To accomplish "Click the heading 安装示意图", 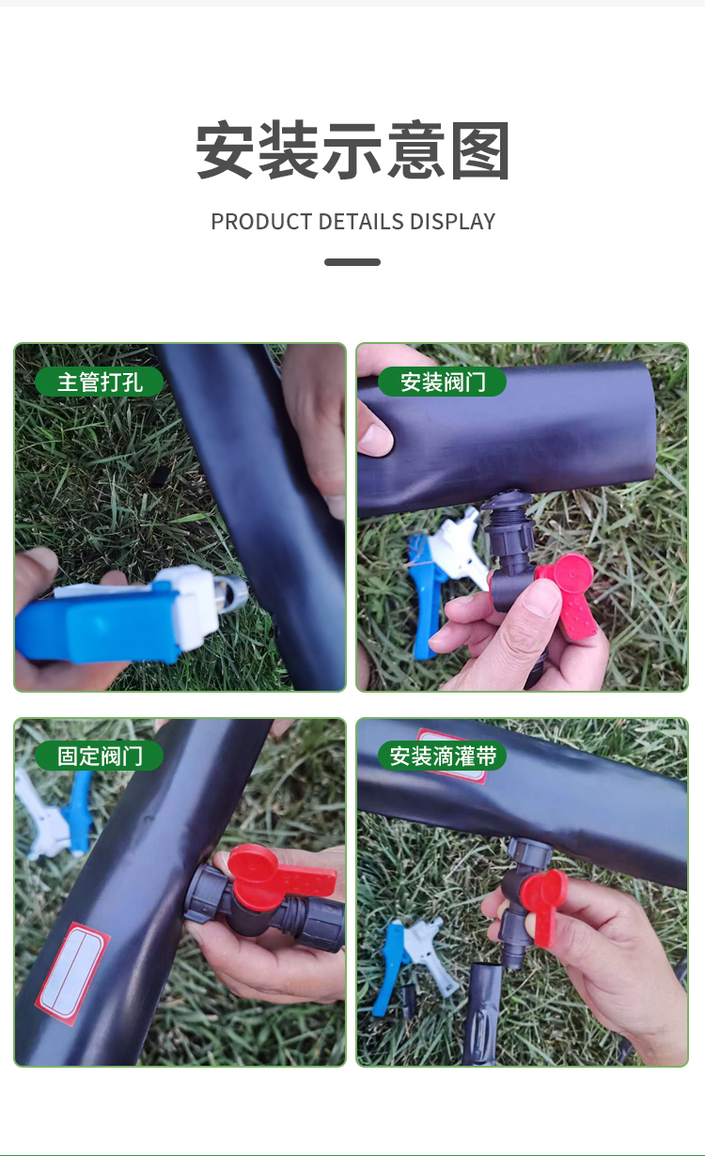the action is point(352,149).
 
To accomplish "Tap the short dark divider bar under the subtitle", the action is point(352,262).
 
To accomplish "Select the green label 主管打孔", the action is point(99,382).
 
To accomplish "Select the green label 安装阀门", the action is point(443,382).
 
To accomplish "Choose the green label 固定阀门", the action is point(99,756).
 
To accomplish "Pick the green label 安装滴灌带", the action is point(443,756).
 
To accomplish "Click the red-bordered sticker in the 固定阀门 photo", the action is point(72,973).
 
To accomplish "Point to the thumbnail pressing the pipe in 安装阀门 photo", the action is point(375,438).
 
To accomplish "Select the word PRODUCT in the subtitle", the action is point(261,222).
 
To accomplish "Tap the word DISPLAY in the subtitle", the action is point(452,222).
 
